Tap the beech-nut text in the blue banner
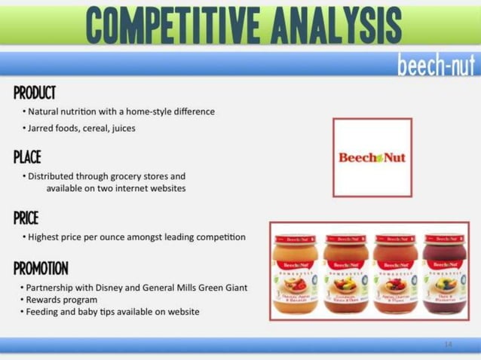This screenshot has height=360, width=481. click(436, 66)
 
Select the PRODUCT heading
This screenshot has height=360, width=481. click(35, 93)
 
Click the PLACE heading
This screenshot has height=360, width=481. click(27, 157)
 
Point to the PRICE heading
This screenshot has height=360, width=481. click(26, 218)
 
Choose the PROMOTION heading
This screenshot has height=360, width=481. click(41, 269)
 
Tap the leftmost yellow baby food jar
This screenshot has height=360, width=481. click(295, 272)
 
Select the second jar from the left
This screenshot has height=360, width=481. click(344, 272)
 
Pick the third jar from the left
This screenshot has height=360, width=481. click(395, 272)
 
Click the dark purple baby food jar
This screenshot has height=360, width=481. click(445, 272)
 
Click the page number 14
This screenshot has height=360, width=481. click(448, 344)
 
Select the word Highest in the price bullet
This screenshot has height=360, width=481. click(46, 237)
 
